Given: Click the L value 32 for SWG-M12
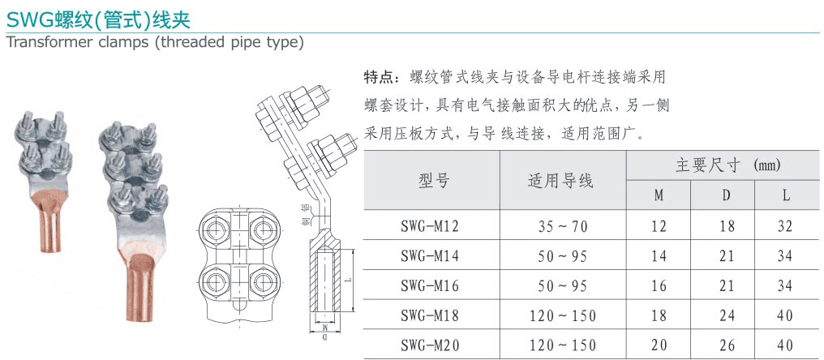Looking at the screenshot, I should click(x=785, y=226).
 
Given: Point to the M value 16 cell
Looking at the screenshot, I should click(x=658, y=286).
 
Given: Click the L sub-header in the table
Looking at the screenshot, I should click(x=785, y=195).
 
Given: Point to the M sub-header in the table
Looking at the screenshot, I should click(x=658, y=195).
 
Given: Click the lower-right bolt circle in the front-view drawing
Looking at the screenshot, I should click(x=262, y=284).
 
